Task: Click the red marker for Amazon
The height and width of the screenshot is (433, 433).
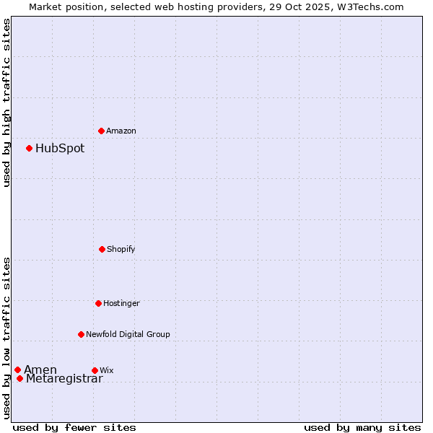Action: [x=101, y=131]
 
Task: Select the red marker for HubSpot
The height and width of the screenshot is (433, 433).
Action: [x=29, y=148]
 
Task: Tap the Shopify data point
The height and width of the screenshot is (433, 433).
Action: [x=102, y=249]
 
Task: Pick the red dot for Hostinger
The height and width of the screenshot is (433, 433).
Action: [x=98, y=303]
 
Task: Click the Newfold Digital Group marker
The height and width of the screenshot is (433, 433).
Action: [x=81, y=334]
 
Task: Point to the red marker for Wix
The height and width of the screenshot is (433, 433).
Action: [x=95, y=370]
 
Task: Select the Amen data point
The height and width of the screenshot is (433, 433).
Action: [x=17, y=369]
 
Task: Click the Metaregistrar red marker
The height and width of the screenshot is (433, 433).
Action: [x=19, y=379]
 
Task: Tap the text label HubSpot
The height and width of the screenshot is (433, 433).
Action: [x=60, y=149]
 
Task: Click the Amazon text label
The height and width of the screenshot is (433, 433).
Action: [x=121, y=131]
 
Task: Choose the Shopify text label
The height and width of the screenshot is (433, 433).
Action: [x=121, y=250]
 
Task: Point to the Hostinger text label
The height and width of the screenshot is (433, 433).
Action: [x=121, y=304]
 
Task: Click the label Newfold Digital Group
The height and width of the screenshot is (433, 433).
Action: [x=128, y=335]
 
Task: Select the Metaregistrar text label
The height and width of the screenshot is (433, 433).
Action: [x=64, y=380]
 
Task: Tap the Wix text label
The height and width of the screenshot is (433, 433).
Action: [x=107, y=371]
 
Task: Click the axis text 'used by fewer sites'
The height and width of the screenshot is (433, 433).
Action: [x=74, y=428]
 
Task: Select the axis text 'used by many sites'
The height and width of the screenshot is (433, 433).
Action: [x=362, y=428]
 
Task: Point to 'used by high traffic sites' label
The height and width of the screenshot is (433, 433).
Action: [x=6, y=102]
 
